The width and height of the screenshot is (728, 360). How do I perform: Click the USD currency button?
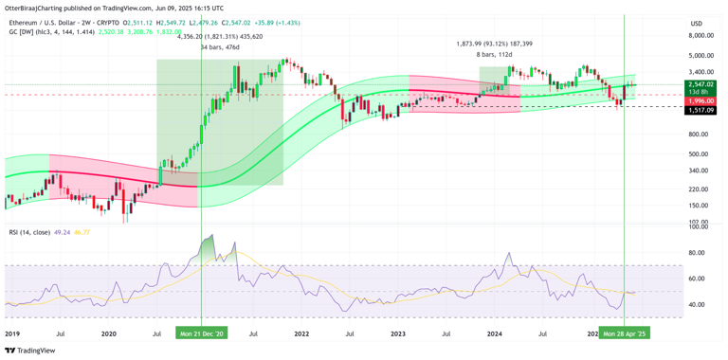point(696,23)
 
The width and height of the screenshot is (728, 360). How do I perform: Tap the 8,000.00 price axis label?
point(701,36)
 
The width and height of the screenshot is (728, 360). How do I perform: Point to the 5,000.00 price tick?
point(701,55)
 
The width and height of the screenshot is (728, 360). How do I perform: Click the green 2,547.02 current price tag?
point(701,84)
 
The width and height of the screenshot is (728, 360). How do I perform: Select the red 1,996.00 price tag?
point(701,100)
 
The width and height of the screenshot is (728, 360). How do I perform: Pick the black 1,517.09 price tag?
point(701,110)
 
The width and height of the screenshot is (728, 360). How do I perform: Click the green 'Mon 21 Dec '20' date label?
point(202,333)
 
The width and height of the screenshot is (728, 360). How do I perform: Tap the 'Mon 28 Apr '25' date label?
point(624,333)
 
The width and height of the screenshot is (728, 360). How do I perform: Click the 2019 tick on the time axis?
point(12,333)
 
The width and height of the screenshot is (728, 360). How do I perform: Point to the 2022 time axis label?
point(301,333)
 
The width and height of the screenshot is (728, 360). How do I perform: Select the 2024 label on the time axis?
point(495,333)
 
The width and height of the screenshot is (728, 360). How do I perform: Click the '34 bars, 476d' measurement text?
point(220,47)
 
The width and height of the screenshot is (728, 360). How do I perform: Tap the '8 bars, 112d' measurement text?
point(494,55)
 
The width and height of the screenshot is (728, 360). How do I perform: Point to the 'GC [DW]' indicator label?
point(19,31)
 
